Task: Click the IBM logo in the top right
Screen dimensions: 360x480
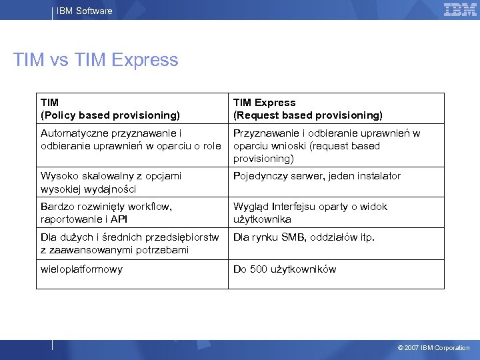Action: [x=460, y=9]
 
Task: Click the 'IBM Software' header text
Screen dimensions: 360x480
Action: [x=84, y=11]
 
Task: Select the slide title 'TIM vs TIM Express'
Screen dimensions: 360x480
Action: [x=96, y=60]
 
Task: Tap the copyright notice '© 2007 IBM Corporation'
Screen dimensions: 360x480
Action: [x=433, y=347]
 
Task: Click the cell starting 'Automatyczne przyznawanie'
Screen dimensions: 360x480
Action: [x=131, y=139]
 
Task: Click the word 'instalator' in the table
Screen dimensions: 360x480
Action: [x=378, y=176]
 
